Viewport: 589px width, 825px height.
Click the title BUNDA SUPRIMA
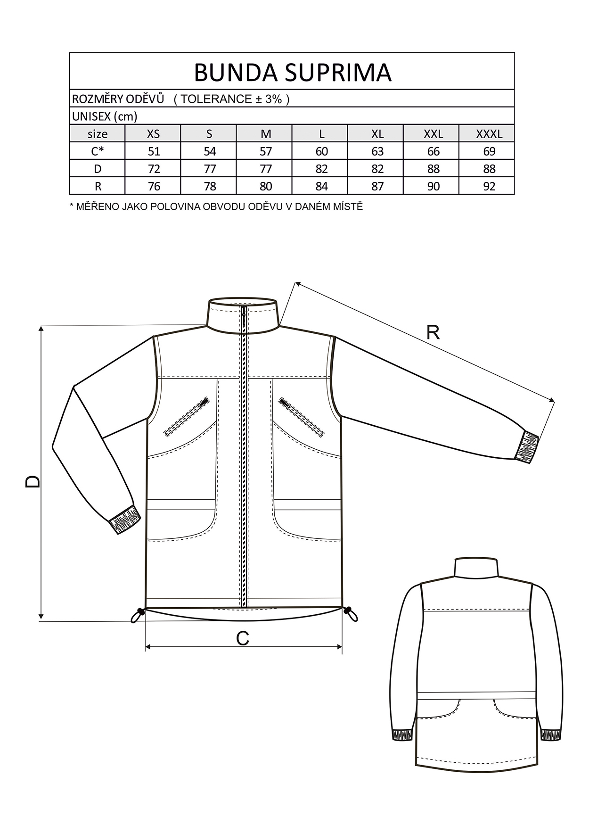[x=292, y=72]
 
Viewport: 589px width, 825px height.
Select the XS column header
[x=154, y=134]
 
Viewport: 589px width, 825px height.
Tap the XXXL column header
[x=489, y=134]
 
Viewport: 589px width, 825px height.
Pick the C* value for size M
[x=266, y=151]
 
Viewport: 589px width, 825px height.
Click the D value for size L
[x=322, y=169]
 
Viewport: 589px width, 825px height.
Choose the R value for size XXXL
[x=489, y=186]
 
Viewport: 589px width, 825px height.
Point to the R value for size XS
[x=154, y=186]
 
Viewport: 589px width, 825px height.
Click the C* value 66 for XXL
[x=434, y=151]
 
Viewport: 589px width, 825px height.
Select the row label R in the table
[x=98, y=186]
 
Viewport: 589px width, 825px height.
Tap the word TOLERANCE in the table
[x=216, y=99]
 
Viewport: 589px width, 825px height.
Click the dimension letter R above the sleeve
[x=433, y=333]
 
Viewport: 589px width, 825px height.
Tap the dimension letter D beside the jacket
[x=33, y=481]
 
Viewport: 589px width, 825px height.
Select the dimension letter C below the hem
[x=243, y=639]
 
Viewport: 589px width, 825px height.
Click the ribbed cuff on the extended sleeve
[x=526, y=446]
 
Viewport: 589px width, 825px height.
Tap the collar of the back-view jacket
[x=476, y=567]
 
